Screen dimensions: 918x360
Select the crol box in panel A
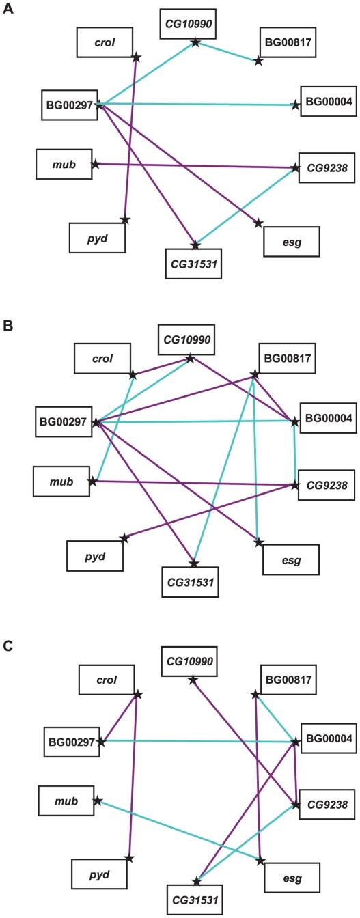click(104, 42)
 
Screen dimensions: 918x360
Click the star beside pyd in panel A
click(124, 219)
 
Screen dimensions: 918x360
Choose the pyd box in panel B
click(95, 556)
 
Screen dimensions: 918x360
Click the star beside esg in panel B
click(258, 542)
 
